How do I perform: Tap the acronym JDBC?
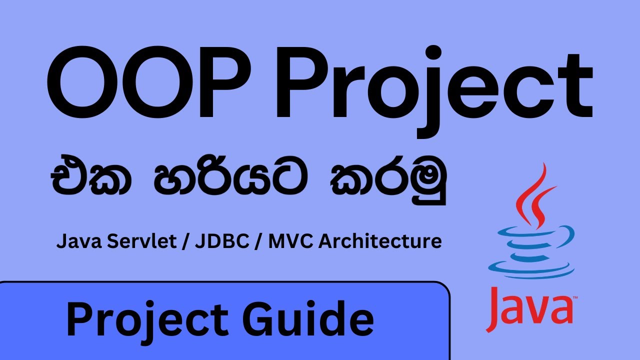pos(216,242)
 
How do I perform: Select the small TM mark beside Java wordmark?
pos(575,298)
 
